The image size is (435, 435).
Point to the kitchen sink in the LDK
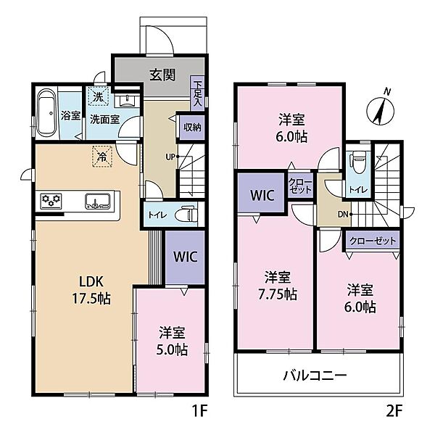coord(96,199)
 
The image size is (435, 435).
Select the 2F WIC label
coord(261,195)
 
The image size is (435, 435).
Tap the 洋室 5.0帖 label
coord(173,341)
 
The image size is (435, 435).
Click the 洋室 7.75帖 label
coord(278,286)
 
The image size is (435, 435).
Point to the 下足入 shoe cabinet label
coord(198,93)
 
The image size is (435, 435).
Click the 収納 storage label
coord(192,127)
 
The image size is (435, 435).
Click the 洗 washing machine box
coord(97,96)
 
